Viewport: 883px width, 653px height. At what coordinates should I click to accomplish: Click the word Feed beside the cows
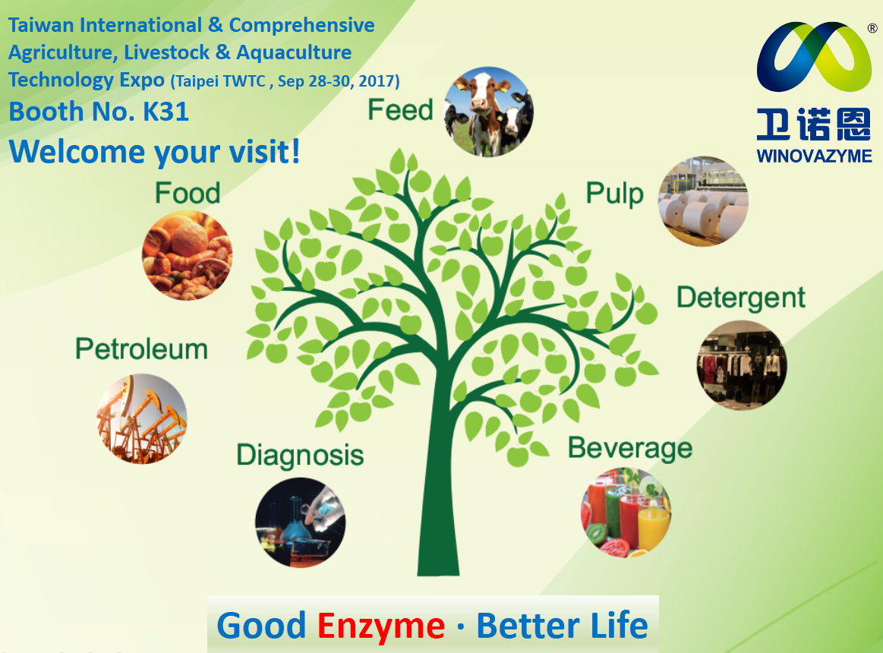400,110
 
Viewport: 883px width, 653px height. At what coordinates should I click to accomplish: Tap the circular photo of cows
488,112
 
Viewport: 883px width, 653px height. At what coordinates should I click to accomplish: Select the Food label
188,194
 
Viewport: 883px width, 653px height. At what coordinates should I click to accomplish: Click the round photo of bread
187,255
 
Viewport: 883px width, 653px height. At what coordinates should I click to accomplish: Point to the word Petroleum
141,349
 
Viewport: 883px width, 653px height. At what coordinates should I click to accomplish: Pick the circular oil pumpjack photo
142,418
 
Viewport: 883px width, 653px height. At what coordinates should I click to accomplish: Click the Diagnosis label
300,456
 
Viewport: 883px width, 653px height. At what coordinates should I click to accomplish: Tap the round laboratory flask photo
300,522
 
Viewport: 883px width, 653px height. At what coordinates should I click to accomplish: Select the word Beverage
630,449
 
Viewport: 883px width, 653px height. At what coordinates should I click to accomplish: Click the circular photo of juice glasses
626,513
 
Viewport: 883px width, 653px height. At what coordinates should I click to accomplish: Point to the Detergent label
741,298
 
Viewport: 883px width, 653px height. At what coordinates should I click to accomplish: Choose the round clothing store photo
742,365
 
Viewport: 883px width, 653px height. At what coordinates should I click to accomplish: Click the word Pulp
614,194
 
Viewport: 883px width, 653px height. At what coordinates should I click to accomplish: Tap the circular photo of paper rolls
703,201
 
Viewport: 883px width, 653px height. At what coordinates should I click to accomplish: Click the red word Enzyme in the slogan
380,626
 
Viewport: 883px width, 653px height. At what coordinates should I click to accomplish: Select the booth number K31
166,112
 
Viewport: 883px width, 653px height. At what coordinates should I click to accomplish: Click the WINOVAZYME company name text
815,156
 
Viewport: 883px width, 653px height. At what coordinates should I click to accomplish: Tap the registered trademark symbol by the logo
872,28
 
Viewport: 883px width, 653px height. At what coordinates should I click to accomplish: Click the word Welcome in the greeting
77,152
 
